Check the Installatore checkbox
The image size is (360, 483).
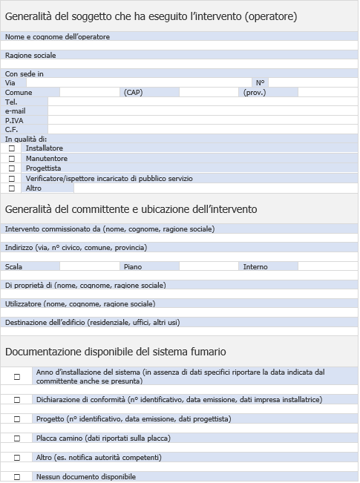tap(12, 148)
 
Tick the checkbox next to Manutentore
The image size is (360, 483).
tap(12, 159)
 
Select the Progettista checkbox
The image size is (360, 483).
tap(12, 168)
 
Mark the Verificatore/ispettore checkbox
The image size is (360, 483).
tap(12, 179)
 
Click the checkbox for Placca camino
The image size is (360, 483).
tap(17, 438)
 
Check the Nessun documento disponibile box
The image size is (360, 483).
tap(17, 477)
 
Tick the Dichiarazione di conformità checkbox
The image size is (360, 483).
tap(17, 400)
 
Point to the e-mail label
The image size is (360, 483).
tap(15, 111)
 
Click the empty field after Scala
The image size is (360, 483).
tap(89, 266)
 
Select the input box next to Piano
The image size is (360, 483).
tap(209, 266)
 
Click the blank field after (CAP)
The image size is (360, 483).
tap(209, 93)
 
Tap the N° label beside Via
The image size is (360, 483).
tap(260, 83)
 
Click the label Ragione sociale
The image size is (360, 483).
tap(30, 55)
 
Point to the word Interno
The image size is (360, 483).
tap(255, 266)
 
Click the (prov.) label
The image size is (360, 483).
tap(255, 93)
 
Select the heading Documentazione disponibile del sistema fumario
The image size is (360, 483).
tap(116, 352)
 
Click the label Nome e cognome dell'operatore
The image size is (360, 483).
tap(57, 36)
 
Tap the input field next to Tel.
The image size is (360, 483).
tap(200, 102)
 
